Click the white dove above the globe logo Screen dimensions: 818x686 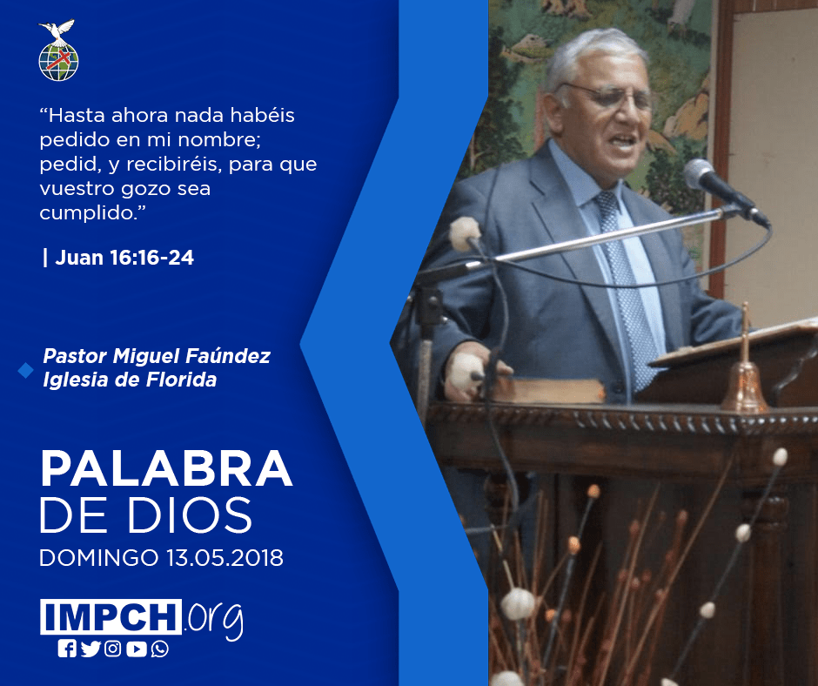pos(57,30)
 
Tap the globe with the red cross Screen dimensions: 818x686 pos(58,62)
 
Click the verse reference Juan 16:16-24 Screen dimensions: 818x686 pos(124,258)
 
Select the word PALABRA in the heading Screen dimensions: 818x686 pos(166,469)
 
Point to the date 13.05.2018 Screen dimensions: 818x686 pos(225,557)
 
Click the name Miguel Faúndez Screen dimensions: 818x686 pos(191,356)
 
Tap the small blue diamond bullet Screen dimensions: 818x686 pos(25,370)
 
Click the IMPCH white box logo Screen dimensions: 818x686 pos(111,616)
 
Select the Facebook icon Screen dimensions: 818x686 pos(67,649)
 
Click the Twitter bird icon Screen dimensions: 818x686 pos(91,649)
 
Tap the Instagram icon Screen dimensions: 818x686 pos(112,649)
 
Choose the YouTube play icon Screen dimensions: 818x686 pos(137,649)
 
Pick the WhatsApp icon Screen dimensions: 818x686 pos(159,649)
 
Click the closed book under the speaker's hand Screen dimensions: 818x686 pos(547,390)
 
